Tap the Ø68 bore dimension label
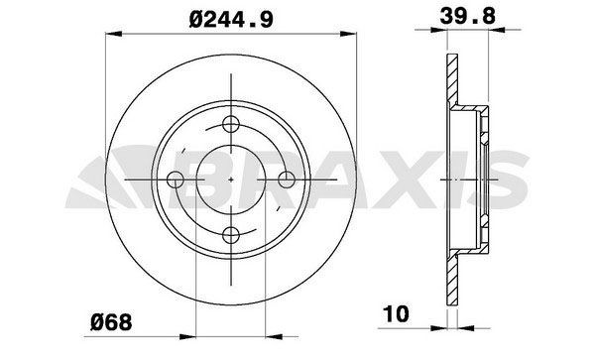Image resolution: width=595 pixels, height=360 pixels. coord(110,320)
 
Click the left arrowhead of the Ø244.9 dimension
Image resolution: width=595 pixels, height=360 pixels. coord(111,34)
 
